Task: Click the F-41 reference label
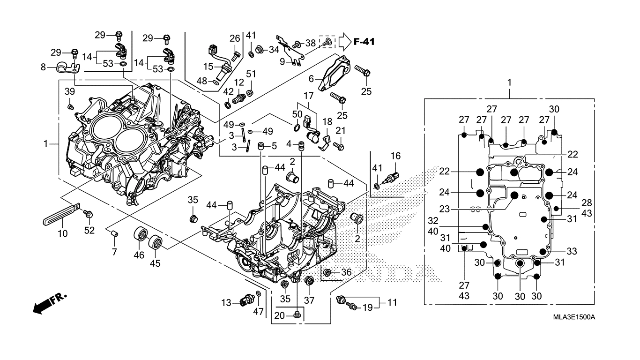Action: click(364, 42)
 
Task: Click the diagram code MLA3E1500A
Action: click(574, 317)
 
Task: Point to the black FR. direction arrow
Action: click(50, 304)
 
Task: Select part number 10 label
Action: click(63, 233)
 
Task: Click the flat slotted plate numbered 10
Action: click(61, 214)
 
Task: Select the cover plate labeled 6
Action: click(334, 74)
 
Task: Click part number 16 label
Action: click(396, 156)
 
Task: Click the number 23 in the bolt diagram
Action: click(445, 209)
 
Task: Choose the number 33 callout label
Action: click(572, 251)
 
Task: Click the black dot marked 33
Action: click(543, 252)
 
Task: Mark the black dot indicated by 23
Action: click(514, 195)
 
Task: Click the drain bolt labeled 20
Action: click(297, 315)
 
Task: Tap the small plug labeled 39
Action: click(70, 107)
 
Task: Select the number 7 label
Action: click(114, 252)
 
